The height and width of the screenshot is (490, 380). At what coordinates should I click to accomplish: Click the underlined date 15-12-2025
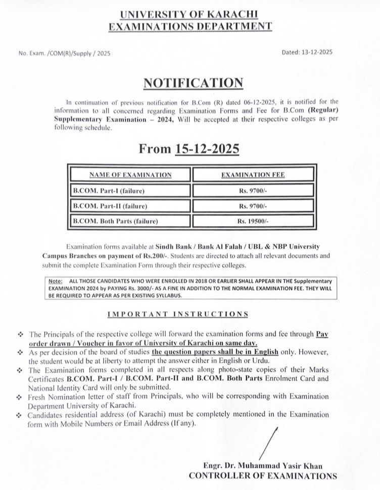coord(207,149)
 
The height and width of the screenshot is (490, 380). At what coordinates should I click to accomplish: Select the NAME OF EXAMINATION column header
coord(130,175)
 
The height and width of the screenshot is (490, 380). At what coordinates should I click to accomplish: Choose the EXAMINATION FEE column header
coord(253,175)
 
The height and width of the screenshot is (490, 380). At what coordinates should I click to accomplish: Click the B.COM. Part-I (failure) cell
coord(109,191)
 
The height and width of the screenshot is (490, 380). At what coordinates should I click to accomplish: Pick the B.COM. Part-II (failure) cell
coord(110,206)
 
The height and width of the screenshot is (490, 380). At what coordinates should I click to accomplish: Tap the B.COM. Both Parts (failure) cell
coord(116,221)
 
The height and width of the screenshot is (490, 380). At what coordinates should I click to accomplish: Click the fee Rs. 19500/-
coord(253,221)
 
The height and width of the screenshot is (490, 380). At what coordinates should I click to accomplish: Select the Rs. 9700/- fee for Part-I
coord(253,191)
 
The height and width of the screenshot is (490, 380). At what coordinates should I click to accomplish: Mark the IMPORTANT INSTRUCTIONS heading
coord(178,314)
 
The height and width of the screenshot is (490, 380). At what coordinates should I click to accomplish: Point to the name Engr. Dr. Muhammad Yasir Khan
coord(262,466)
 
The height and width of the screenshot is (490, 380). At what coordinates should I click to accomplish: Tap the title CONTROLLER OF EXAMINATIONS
coord(262,476)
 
